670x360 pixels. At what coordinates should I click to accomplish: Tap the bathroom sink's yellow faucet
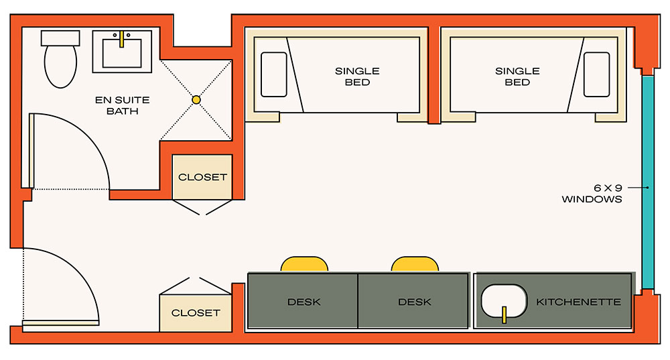[121, 39]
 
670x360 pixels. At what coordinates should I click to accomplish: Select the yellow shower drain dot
[196, 100]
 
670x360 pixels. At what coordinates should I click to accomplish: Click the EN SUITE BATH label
[122, 106]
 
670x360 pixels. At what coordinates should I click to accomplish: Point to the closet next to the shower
[202, 177]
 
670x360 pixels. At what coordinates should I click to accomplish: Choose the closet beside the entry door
[196, 313]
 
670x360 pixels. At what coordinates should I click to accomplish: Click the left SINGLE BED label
[357, 76]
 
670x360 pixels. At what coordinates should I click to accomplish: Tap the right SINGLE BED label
[517, 76]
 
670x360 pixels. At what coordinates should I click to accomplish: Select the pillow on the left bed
[274, 75]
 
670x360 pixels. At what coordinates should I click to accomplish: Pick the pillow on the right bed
[597, 75]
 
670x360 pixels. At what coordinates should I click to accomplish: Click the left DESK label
[304, 302]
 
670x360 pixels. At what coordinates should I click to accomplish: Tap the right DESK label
[415, 302]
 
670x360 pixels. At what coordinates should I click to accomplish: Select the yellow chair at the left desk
[304, 264]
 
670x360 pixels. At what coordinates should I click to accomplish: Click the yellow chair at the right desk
[415, 264]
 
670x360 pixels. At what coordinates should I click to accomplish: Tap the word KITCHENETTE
[579, 302]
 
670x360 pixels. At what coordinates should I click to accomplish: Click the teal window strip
[648, 182]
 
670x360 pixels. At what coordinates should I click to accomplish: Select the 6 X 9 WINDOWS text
[592, 193]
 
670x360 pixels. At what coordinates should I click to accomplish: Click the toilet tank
[60, 38]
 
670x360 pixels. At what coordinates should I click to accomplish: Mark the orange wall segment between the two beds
[434, 75]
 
